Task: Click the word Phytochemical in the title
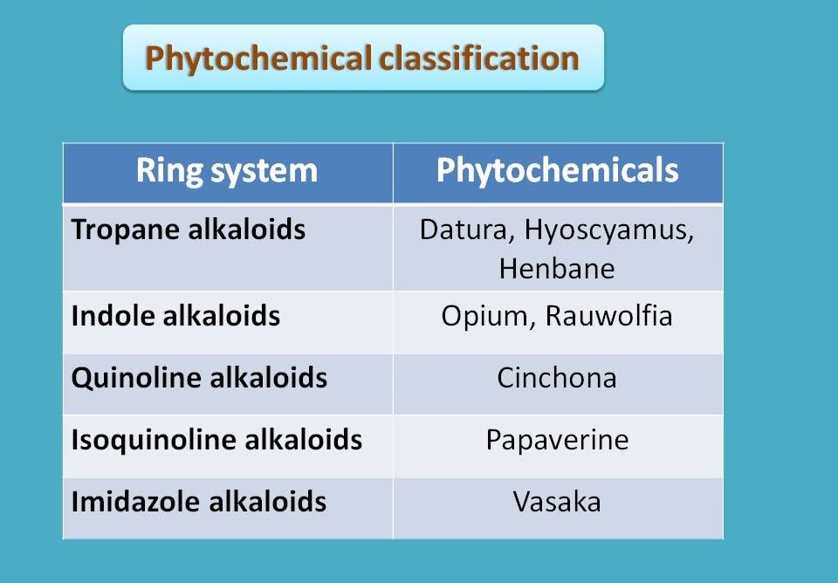click(x=258, y=58)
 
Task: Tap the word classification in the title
click(x=479, y=58)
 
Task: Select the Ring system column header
click(x=227, y=172)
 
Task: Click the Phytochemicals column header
click(x=558, y=172)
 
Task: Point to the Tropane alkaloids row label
click(x=189, y=230)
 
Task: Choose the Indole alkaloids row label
click(x=175, y=316)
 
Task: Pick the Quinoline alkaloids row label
click(x=199, y=378)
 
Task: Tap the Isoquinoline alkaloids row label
click(x=216, y=441)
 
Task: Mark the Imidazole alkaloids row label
click(x=199, y=502)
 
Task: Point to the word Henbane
click(x=557, y=268)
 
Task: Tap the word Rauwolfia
click(x=608, y=315)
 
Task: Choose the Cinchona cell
click(x=557, y=378)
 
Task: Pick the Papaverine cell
click(x=558, y=441)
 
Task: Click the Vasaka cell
click(x=557, y=503)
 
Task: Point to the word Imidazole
click(x=136, y=502)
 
